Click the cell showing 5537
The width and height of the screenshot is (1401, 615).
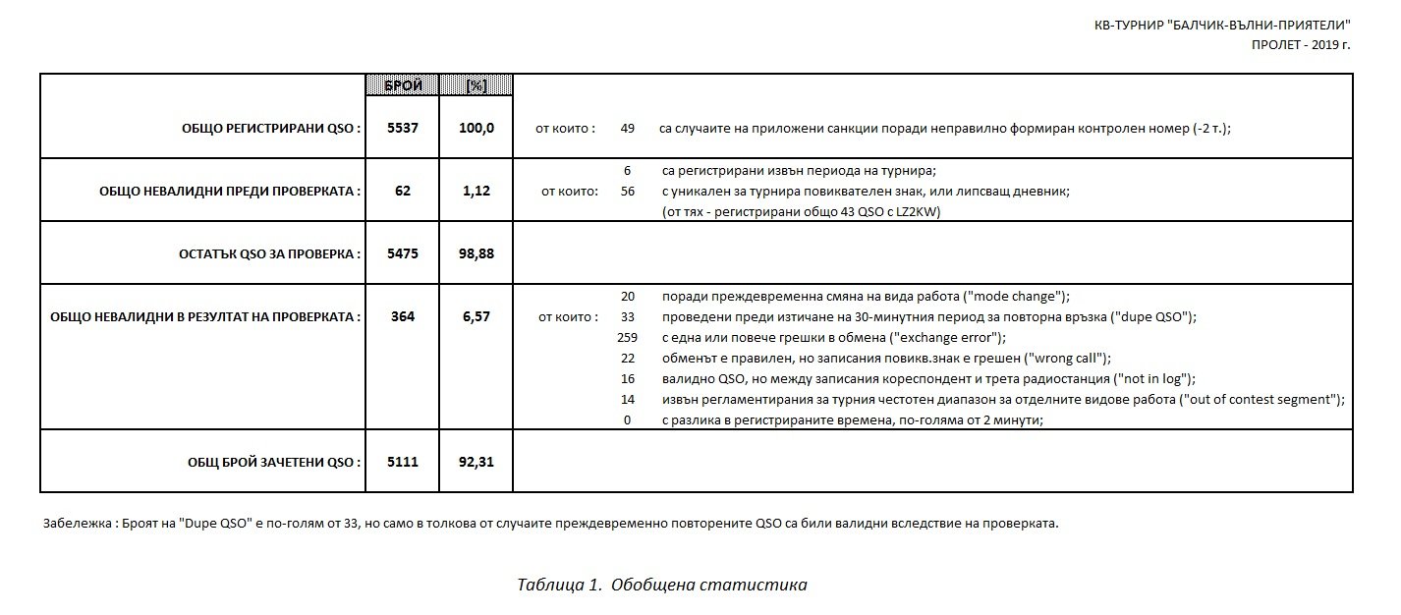tap(403, 129)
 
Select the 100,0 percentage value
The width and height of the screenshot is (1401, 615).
tap(476, 129)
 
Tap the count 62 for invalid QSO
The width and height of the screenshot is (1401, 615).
tap(403, 192)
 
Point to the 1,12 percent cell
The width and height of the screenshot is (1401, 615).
tap(476, 192)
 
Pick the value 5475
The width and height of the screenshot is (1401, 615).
tap(403, 253)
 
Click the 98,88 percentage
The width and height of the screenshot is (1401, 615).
tap(476, 253)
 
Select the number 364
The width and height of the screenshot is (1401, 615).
tap(403, 317)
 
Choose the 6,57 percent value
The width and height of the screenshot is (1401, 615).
tap(476, 317)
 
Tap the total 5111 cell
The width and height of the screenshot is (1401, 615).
tap(403, 462)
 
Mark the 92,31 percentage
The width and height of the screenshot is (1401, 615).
tap(476, 462)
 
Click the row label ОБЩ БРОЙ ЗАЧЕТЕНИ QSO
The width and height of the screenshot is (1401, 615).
tap(274, 462)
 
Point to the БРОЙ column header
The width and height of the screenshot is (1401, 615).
tap(403, 86)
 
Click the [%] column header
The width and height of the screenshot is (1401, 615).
tap(476, 86)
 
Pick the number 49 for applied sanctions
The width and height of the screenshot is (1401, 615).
tap(628, 129)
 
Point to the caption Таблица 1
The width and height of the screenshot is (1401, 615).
tap(558, 586)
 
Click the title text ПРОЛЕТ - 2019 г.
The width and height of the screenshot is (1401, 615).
tap(1300, 46)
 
